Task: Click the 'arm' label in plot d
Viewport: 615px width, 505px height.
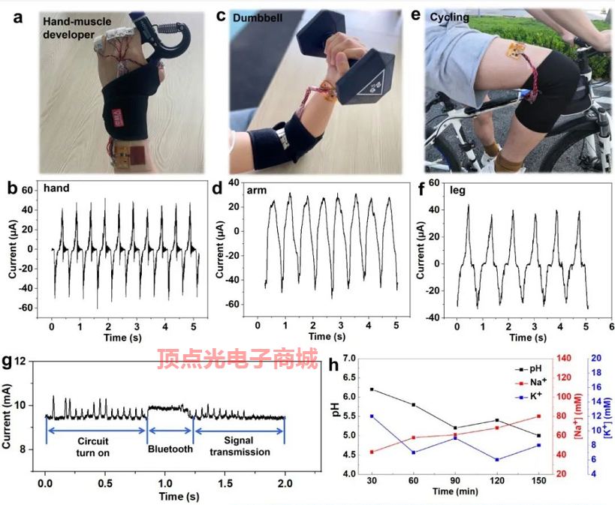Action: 257,191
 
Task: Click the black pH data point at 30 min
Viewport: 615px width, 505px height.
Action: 372,389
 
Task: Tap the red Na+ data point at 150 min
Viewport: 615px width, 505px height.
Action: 538,416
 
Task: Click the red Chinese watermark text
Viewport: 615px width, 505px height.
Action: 237,361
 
